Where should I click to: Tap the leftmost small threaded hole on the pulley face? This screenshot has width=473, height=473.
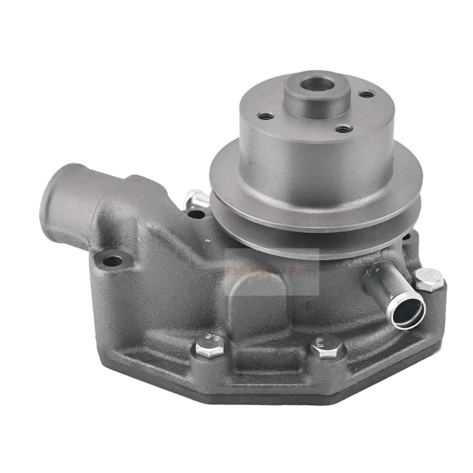coord(267,116)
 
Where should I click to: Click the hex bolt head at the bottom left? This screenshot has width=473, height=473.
coord(210,343)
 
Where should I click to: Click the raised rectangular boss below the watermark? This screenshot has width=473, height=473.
coord(260,307)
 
